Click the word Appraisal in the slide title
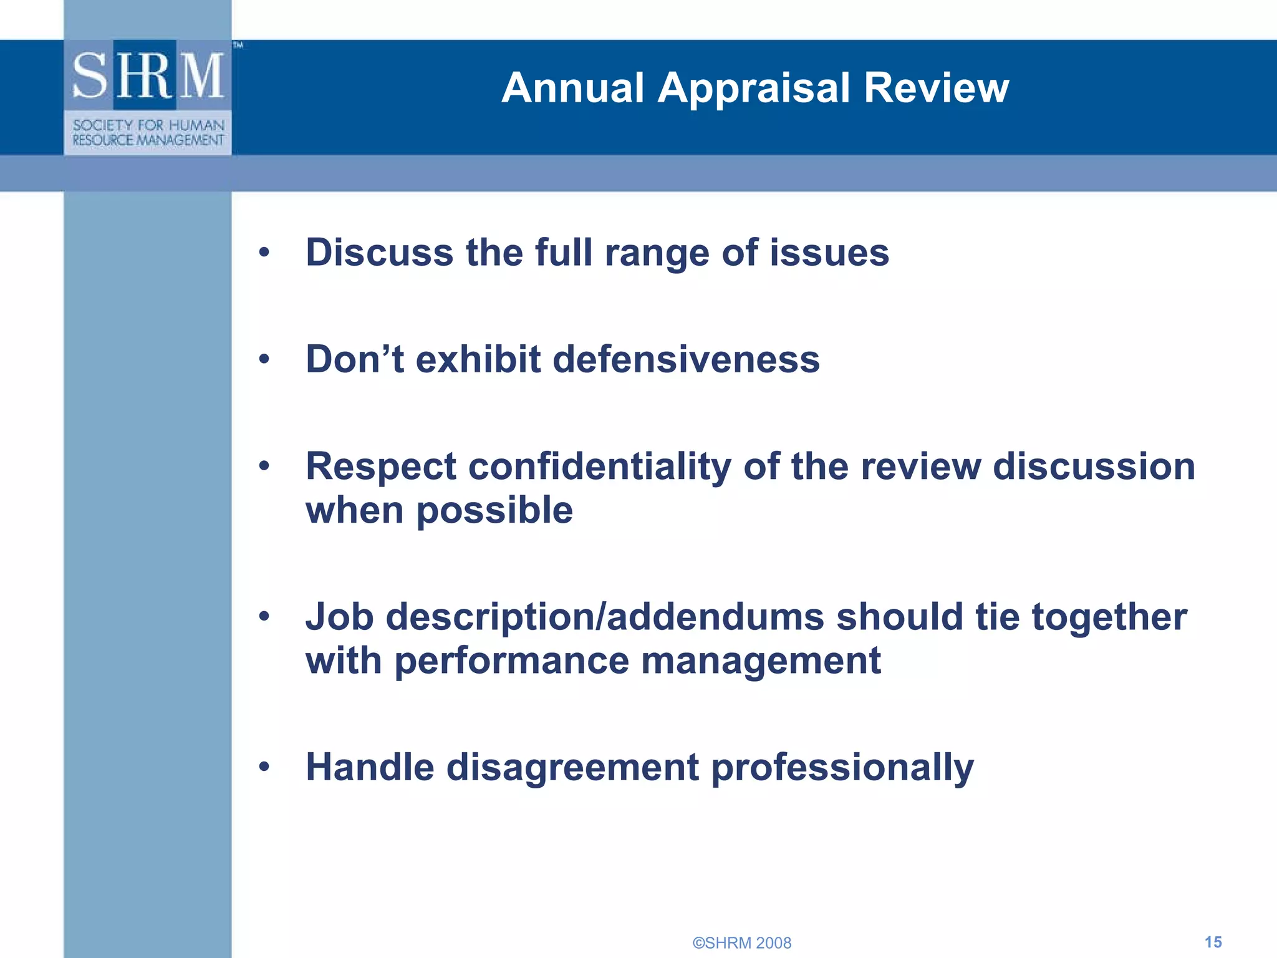tap(754, 89)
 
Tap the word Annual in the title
tap(572, 87)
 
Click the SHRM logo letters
tap(148, 76)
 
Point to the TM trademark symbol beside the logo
tap(238, 45)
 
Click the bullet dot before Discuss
tap(264, 253)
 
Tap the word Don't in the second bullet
tap(354, 359)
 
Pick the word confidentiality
tap(600, 467)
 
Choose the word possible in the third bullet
tap(494, 511)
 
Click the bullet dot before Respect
tap(264, 466)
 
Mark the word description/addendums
tap(605, 617)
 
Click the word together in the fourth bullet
tap(1109, 617)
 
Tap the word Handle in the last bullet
tap(370, 767)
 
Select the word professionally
tap(842, 768)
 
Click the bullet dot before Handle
tap(264, 767)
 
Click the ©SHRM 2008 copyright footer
tap(742, 942)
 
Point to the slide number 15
tap(1213, 942)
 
